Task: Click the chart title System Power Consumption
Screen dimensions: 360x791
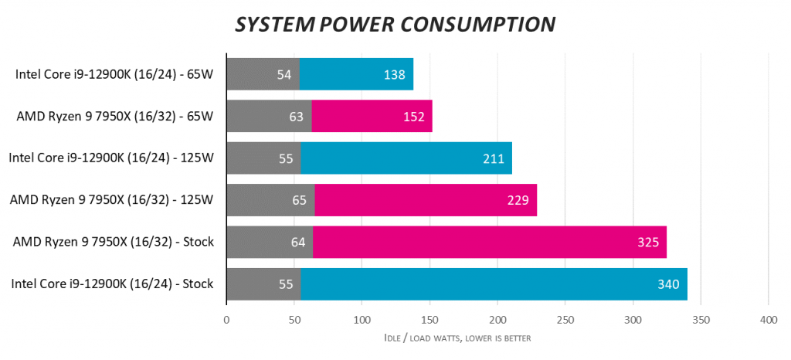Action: click(395, 25)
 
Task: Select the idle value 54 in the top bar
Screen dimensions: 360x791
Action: click(283, 75)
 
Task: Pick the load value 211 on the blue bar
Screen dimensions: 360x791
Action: click(493, 159)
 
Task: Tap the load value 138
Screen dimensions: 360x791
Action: click(395, 75)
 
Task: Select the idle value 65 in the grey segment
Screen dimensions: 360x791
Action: click(299, 201)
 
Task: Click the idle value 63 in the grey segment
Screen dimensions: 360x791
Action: click(296, 117)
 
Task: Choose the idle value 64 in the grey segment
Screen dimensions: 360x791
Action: click(297, 243)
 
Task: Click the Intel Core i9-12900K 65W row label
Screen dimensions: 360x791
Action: click(114, 75)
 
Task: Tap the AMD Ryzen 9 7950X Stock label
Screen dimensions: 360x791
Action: click(113, 243)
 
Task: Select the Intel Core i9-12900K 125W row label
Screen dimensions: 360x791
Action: click(110, 159)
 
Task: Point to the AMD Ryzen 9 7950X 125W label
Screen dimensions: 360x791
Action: click(111, 201)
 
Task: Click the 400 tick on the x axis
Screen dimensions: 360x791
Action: click(768, 320)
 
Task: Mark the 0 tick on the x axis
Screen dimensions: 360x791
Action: click(226, 320)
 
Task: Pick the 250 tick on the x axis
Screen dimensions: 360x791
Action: click(565, 320)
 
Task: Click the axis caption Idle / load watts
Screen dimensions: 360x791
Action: click(457, 338)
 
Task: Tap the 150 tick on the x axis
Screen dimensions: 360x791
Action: click(429, 320)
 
